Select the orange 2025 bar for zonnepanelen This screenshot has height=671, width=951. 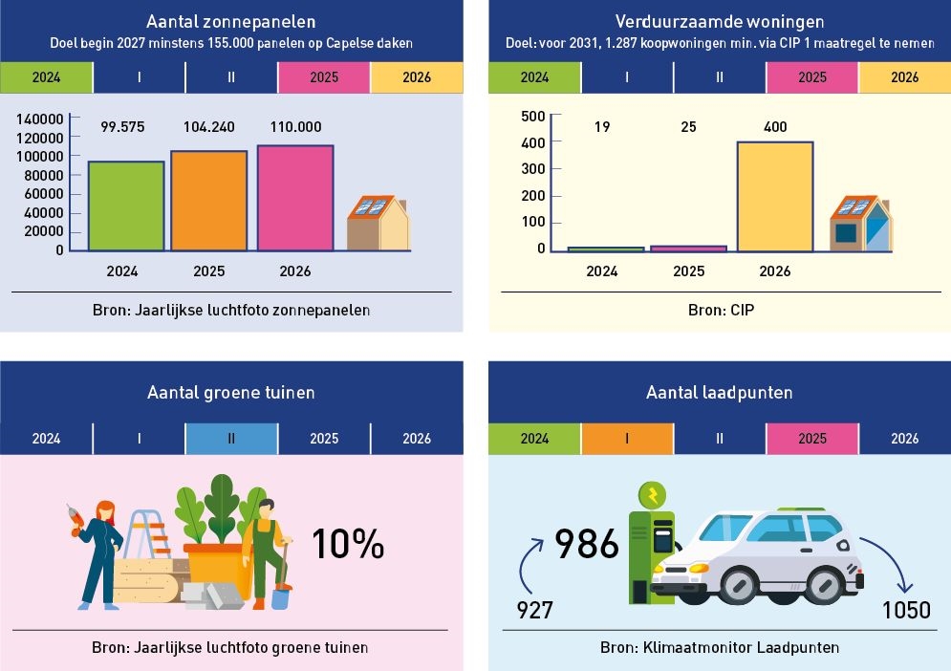pos(208,201)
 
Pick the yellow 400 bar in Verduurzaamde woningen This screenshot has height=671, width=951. pos(774,196)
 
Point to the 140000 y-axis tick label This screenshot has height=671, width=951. pos(40,119)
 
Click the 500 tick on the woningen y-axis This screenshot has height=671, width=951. pos(533,117)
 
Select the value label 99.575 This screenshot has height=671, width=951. pos(123,127)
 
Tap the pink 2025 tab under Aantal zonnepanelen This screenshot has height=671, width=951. pos(324,76)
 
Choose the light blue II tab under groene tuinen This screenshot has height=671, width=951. pos(231,439)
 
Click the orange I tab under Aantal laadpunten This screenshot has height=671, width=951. pos(627,439)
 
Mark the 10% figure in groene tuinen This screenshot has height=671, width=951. pos(348,544)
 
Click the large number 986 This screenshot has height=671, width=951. pos(587,545)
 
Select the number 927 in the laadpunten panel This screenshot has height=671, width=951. pos(534,609)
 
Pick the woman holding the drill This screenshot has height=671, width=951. pos(99,554)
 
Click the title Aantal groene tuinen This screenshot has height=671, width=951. pos(231,392)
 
